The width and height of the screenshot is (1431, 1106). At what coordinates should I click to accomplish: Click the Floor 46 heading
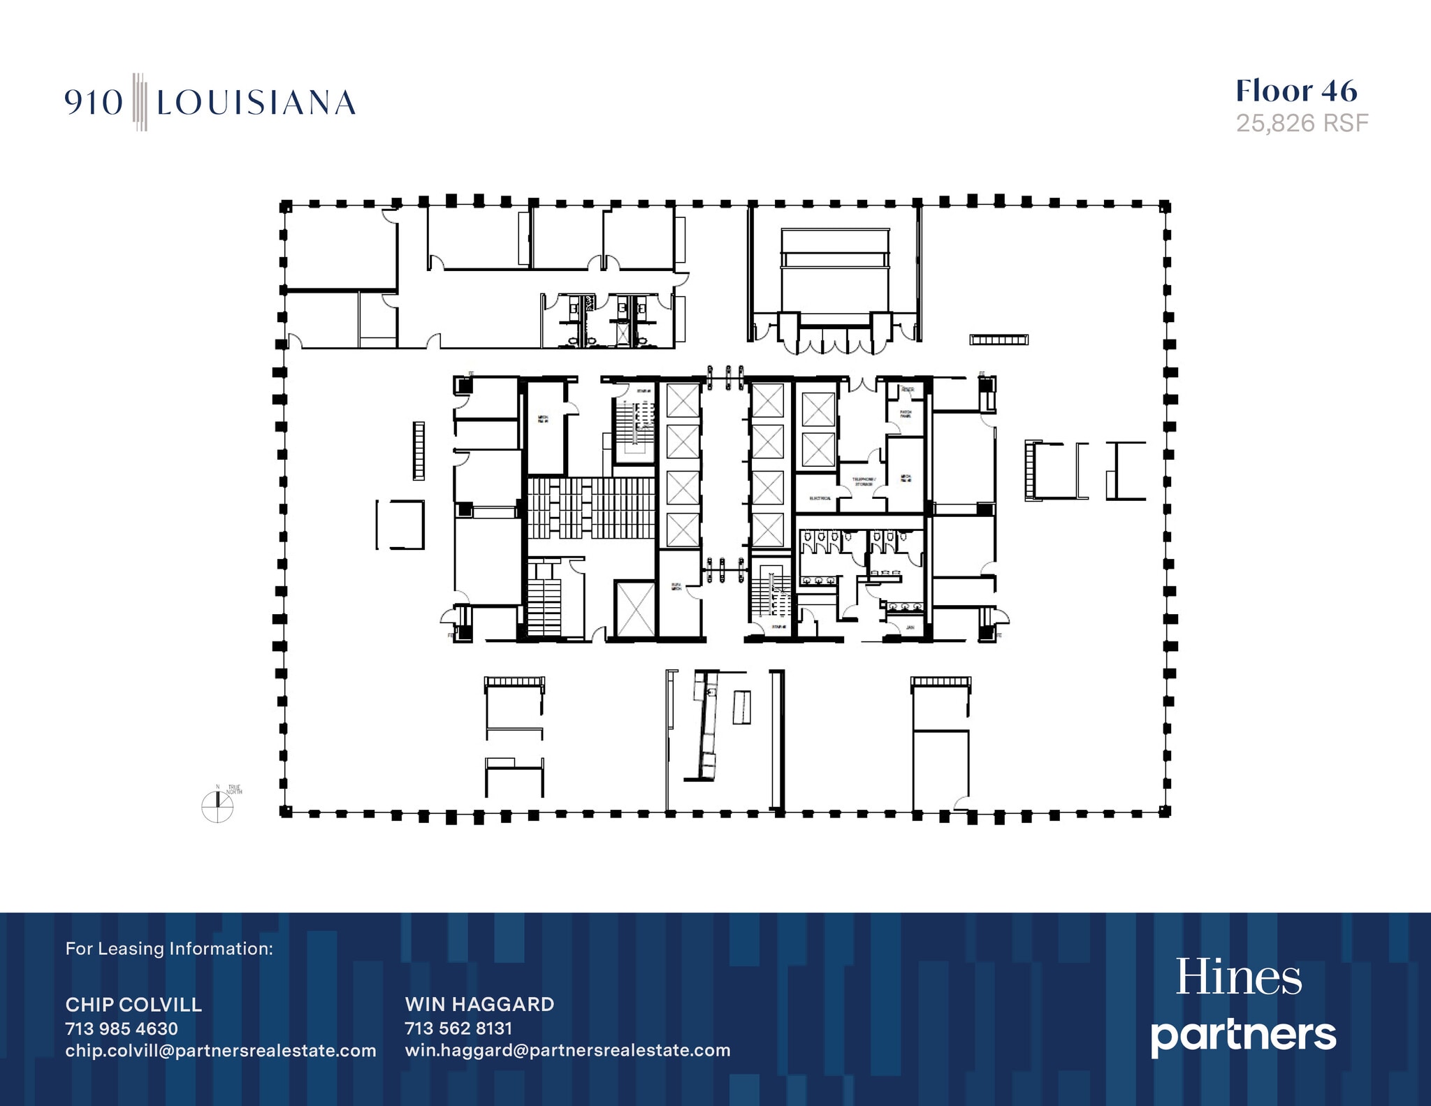point(1296,92)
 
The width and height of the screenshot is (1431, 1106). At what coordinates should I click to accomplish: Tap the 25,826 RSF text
point(1302,124)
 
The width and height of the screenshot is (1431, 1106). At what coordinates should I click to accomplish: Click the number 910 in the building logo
point(94,103)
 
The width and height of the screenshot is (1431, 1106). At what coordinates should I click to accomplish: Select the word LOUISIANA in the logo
point(256,103)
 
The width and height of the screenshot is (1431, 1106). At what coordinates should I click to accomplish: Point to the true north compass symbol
point(217,807)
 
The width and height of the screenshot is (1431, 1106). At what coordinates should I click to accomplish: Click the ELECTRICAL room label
point(820,498)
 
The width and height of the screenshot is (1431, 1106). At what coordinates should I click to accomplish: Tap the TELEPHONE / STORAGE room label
point(863,481)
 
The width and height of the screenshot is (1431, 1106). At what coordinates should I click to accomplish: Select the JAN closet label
point(910,627)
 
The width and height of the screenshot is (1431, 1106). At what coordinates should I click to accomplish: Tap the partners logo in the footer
point(1244,1035)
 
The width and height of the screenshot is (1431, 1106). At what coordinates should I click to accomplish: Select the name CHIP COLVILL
point(133,1005)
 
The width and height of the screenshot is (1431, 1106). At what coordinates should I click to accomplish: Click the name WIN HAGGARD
point(479,1004)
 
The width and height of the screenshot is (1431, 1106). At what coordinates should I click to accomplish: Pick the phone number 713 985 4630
point(122,1028)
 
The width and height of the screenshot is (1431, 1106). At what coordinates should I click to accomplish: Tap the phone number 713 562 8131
point(458,1028)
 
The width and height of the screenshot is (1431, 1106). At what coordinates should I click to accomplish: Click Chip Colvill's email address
point(221,1051)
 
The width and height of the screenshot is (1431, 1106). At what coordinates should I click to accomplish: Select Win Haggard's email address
point(567,1051)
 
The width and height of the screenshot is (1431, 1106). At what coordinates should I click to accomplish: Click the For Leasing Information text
point(169,949)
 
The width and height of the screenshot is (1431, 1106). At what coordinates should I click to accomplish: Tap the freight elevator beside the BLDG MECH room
point(635,609)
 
